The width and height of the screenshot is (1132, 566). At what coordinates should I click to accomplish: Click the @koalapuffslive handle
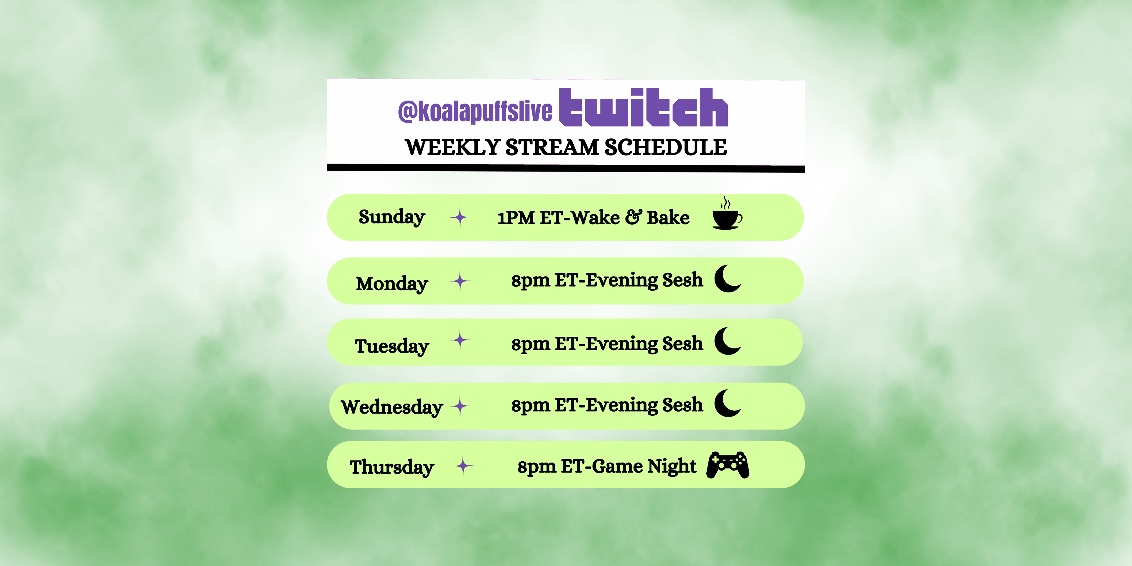tap(475, 111)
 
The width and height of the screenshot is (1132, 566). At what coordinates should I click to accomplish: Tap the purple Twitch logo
tap(643, 108)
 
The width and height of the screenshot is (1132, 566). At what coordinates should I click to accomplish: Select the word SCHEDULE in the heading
tap(666, 147)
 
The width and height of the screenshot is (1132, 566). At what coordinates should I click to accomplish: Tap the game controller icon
tap(728, 465)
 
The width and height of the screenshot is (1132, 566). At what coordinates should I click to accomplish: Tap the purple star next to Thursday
tap(463, 466)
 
